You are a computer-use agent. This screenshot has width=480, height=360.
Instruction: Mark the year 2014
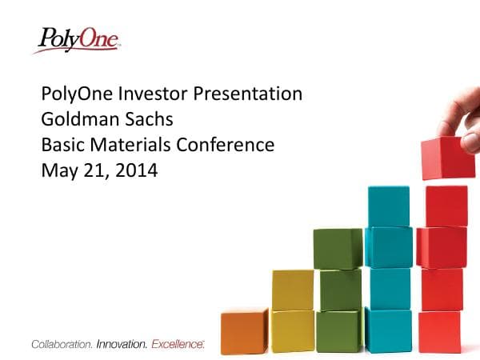tap(136, 170)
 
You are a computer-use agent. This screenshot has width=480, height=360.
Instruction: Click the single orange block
tap(243, 331)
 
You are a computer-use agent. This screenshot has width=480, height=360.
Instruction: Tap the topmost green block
tap(338, 248)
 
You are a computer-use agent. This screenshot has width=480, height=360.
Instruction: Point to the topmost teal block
tap(388, 206)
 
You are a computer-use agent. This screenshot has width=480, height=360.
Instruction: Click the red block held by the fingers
tap(447, 158)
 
